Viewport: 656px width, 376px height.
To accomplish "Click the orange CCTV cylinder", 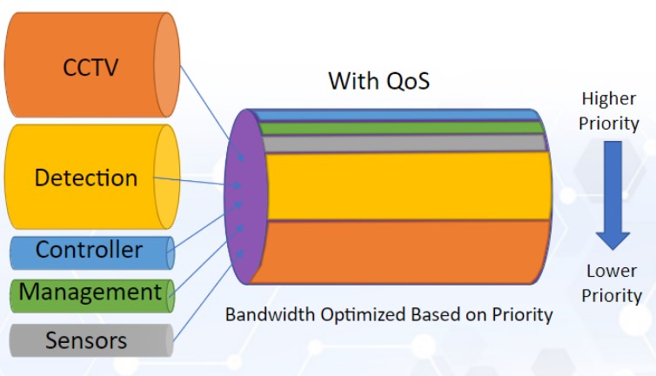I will [x=87, y=65].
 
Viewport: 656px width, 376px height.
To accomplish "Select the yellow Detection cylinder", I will [x=87, y=178].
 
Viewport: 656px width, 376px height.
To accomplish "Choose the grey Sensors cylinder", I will [x=87, y=340].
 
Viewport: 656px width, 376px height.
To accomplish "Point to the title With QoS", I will [x=379, y=81].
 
